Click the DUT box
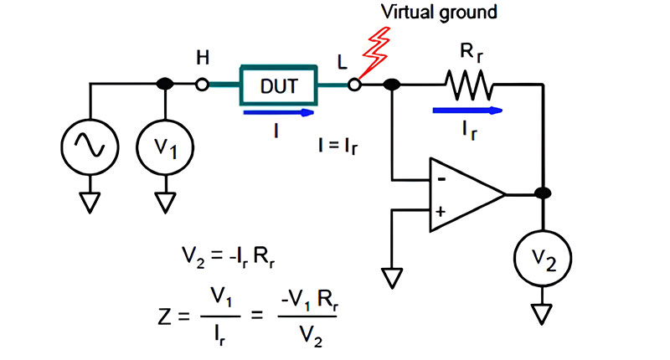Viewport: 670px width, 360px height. click(x=278, y=85)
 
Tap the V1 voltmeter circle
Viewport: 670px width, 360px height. click(x=164, y=148)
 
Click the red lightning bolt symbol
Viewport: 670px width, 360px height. click(x=374, y=52)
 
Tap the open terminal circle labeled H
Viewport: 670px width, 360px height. click(x=202, y=85)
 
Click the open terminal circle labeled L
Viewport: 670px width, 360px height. click(x=355, y=85)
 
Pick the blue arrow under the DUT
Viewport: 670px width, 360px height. click(x=279, y=110)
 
